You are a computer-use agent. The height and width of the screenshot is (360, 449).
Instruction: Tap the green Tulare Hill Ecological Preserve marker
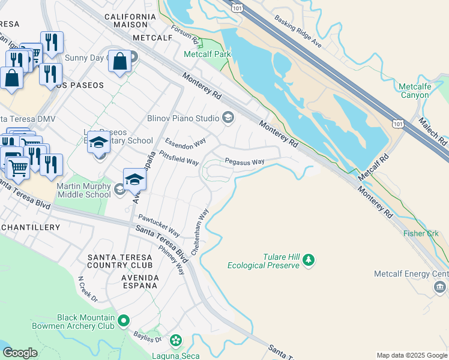[x=309, y=259]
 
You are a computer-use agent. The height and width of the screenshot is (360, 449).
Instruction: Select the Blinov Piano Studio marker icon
[x=228, y=118]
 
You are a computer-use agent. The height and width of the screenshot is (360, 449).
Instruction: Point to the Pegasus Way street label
[x=244, y=162]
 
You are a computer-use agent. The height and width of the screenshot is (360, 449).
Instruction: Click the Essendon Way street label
[x=185, y=145]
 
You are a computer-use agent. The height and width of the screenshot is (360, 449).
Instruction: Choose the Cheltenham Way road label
[x=199, y=231]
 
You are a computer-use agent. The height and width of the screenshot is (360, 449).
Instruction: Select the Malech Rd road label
[x=434, y=131]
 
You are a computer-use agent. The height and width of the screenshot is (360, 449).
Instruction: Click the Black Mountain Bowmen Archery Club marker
[x=123, y=321]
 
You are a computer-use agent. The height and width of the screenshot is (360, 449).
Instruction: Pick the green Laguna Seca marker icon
[x=175, y=341]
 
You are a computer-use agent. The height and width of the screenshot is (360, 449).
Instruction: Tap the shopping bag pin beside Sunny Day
[x=119, y=61]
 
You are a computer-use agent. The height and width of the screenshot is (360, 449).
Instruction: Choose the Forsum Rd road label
[x=185, y=34]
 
